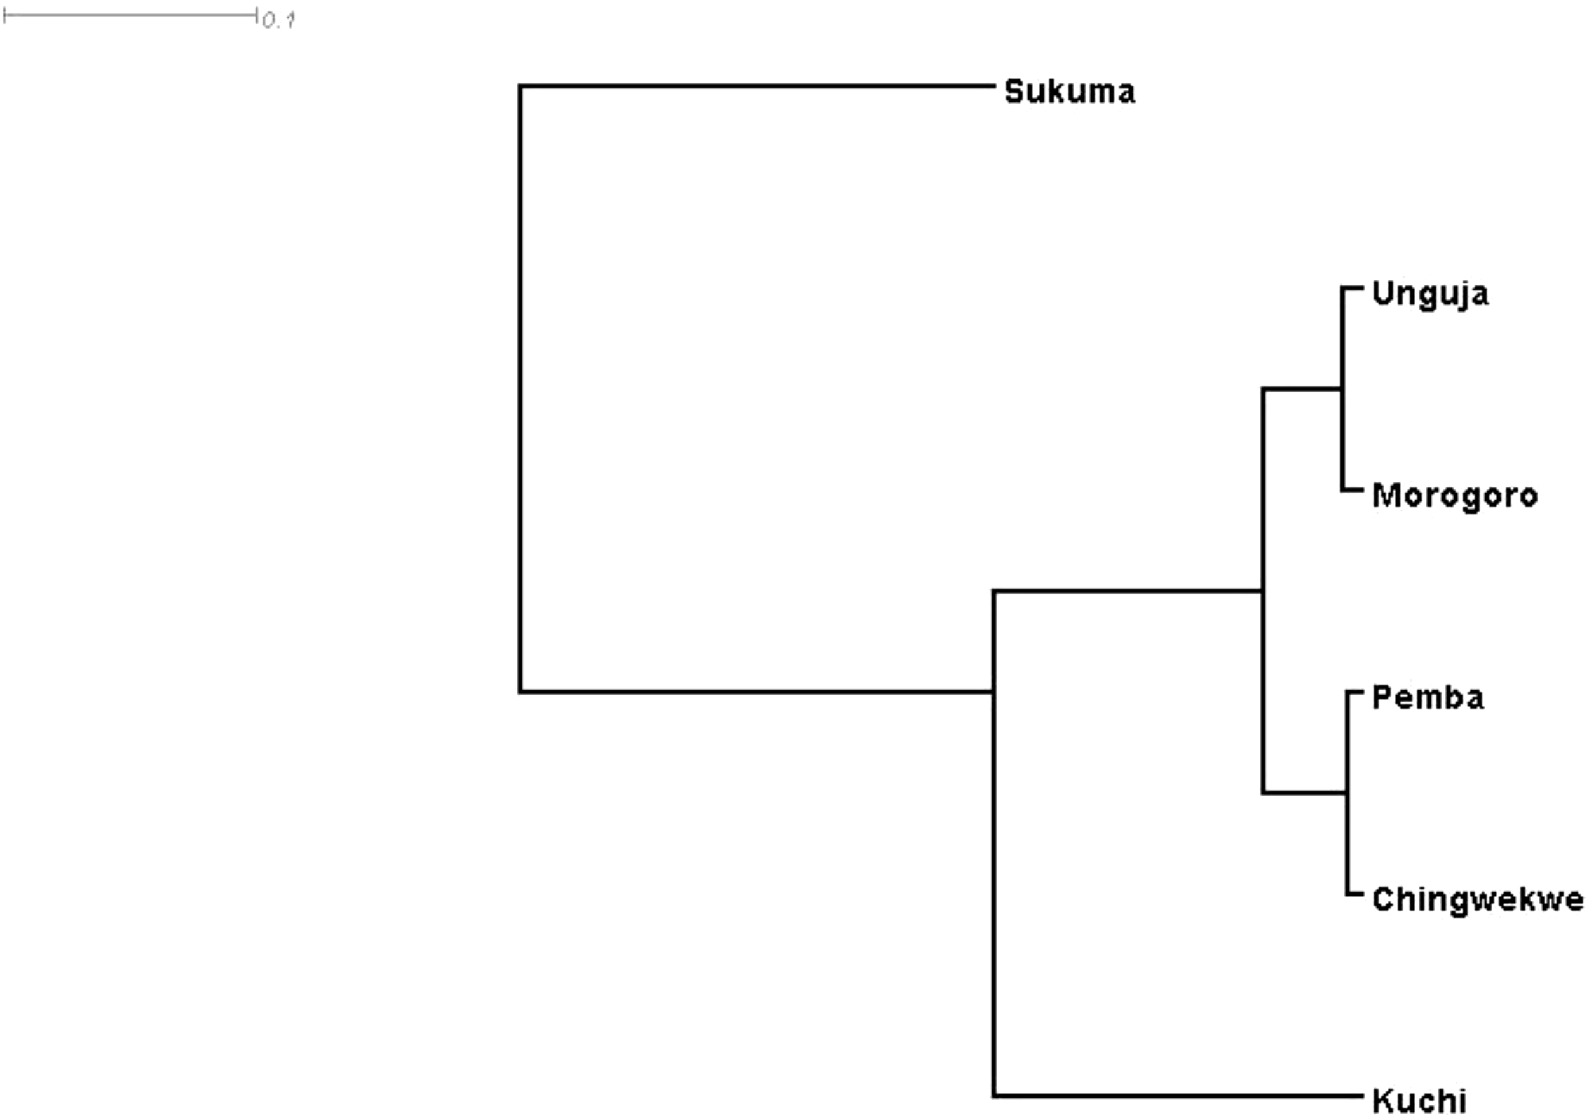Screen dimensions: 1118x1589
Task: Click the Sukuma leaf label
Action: pos(1069,92)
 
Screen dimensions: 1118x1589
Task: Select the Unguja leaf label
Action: pos(1430,294)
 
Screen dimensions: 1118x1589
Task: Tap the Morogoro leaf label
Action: pos(1455,496)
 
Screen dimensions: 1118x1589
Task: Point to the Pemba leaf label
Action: pos(1428,698)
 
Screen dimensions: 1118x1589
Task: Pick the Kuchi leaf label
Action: pos(1419,1101)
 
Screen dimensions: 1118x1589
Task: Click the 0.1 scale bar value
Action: pos(279,21)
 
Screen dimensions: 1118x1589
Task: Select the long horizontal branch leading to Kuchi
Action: pos(1176,1096)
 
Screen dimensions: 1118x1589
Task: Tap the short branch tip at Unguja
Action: pos(1353,287)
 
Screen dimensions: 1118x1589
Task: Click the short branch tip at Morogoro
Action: pos(1353,491)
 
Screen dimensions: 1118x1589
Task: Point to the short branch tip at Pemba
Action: pos(1355,692)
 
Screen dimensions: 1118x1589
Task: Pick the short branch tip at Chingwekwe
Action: pos(1355,894)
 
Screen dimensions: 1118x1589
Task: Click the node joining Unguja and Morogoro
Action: pos(1342,389)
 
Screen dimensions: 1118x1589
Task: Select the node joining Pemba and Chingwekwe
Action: pos(1347,793)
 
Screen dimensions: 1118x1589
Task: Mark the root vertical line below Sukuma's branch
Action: pos(521,388)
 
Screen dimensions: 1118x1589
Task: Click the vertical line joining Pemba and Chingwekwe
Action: pos(1347,845)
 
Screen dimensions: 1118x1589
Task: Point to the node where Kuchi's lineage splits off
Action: pos(994,692)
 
